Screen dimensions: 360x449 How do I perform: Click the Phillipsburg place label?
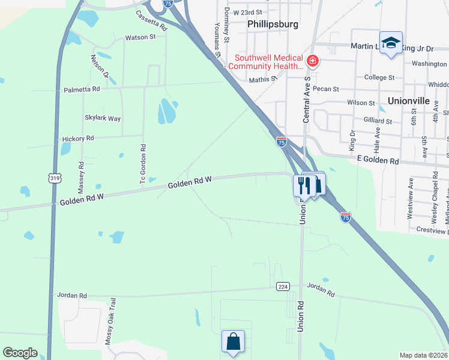[273, 25]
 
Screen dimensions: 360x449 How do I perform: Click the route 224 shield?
[283, 287]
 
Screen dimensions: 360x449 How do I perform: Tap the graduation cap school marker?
[391, 43]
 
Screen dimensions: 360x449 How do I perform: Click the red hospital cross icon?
[312, 61]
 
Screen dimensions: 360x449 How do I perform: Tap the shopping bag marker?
[233, 342]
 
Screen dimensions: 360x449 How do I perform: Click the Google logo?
[20, 353]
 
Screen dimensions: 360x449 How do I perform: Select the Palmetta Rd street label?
[82, 89]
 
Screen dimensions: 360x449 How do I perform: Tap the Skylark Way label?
[103, 118]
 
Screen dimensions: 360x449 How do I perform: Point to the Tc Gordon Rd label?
[143, 164]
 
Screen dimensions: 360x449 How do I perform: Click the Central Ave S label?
[307, 99]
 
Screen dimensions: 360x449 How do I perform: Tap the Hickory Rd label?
[78, 139]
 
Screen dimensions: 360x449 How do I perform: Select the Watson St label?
[140, 37]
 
